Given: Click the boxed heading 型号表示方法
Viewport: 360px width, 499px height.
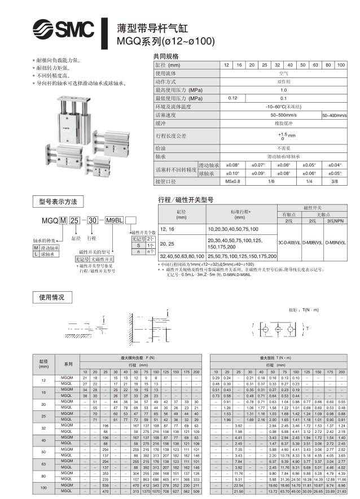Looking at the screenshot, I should pyautogui.click(x=58, y=202).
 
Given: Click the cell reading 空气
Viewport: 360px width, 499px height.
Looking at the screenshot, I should pyautogui.click(x=284, y=73).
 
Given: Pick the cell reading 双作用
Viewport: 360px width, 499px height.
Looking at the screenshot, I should pyautogui.click(x=284, y=81).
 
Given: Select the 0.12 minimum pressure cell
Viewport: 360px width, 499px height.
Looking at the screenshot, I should pyautogui.click(x=232, y=98).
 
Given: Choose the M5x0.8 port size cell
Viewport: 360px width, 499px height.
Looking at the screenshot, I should pyautogui.click(x=232, y=181).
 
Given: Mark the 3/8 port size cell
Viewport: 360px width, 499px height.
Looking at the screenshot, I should pyautogui.click(x=334, y=181).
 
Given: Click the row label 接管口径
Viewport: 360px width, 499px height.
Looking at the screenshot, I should pyautogui.click(x=165, y=181).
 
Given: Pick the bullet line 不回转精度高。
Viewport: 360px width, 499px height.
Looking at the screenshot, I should pyautogui.click(x=55, y=75).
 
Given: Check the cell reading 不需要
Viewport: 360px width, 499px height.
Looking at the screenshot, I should pyautogui.click(x=284, y=148).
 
